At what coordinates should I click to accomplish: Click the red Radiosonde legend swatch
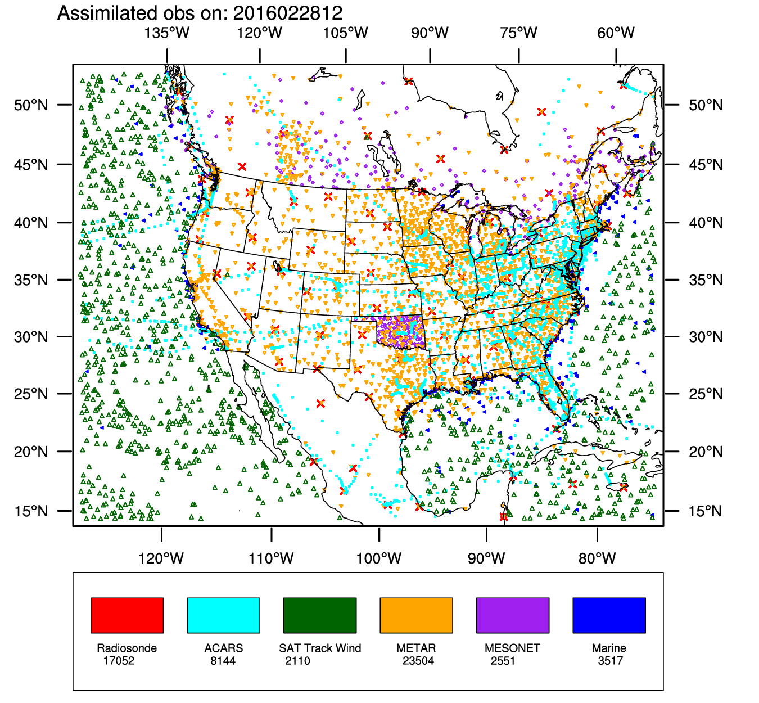[x=127, y=615]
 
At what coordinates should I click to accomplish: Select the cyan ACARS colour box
[x=223, y=615]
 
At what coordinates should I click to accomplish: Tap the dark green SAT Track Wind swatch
[x=320, y=615]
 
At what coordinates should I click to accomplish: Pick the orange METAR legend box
[x=416, y=615]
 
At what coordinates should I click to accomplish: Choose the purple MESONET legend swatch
[x=513, y=615]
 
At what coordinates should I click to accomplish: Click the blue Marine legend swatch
[x=609, y=615]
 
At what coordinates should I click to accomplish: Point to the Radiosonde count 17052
[x=119, y=661]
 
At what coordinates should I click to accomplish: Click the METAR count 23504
[x=418, y=661]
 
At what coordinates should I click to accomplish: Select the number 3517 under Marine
[x=611, y=661]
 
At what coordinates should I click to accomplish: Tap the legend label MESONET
[x=512, y=648]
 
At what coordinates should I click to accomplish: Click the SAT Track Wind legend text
[x=320, y=648]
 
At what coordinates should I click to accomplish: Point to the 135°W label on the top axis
[x=167, y=33]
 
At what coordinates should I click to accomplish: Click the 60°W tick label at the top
[x=616, y=33]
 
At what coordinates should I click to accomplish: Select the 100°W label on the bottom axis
[x=379, y=558]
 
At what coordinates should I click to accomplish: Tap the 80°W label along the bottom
[x=597, y=558]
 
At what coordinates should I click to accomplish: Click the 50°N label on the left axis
[x=31, y=105]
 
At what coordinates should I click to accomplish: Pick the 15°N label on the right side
[x=706, y=511]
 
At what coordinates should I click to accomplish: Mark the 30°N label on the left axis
[x=31, y=337]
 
